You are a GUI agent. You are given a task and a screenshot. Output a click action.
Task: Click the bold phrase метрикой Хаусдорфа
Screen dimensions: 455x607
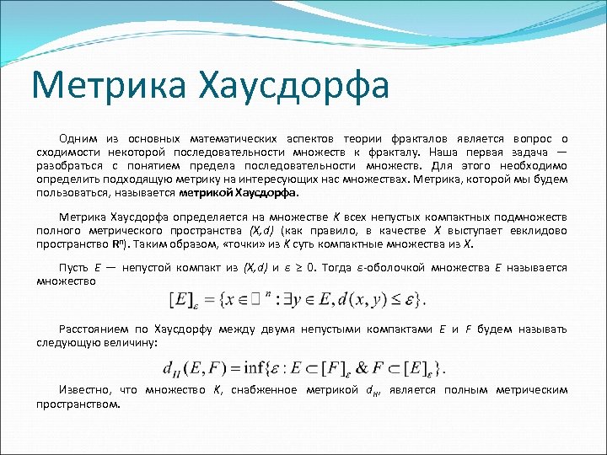tap(227, 192)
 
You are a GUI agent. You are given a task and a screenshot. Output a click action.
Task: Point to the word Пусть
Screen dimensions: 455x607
tap(73, 267)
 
